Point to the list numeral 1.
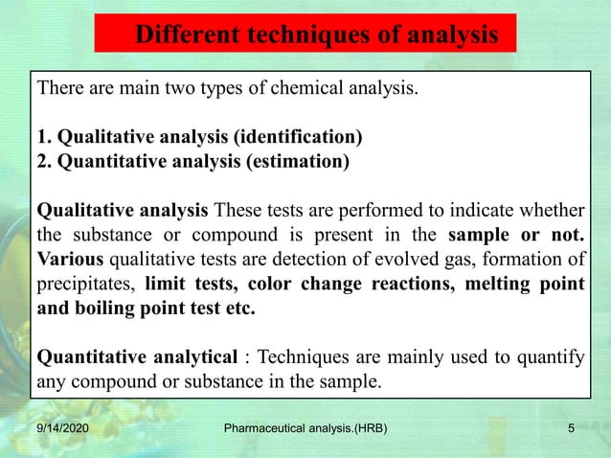[41, 136]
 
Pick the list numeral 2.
[41, 160]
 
